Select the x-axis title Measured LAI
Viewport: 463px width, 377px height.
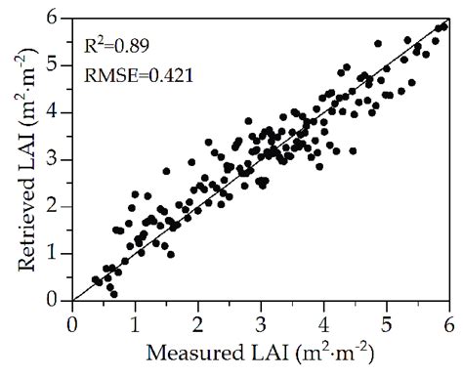pyautogui.click(x=260, y=352)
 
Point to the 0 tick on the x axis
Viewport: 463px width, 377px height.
pyautogui.click(x=71, y=319)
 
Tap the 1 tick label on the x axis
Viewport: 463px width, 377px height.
pyautogui.click(x=135, y=319)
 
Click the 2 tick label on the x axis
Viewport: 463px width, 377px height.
pyautogui.click(x=197, y=319)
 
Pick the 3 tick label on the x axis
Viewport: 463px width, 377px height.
pyautogui.click(x=261, y=319)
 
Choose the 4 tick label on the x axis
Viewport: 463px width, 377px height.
pyautogui.click(x=323, y=319)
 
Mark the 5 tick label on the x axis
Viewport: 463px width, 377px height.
pyautogui.click(x=387, y=319)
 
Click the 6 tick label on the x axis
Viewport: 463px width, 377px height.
pyautogui.click(x=449, y=319)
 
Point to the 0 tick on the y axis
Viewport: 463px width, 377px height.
pyautogui.click(x=58, y=301)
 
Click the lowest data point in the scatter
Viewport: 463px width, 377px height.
pyautogui.click(x=114, y=293)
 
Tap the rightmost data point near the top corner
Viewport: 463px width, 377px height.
pyautogui.click(x=444, y=27)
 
